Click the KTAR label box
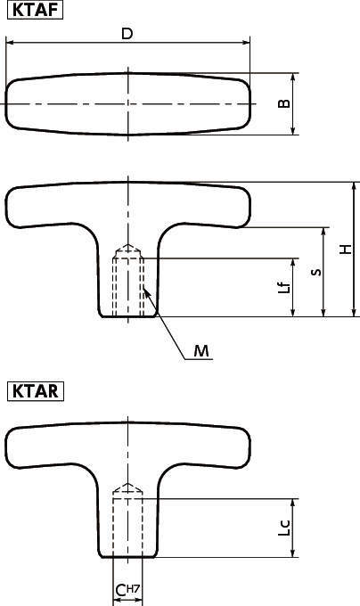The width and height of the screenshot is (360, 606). tap(36, 390)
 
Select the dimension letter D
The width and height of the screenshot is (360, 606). tap(127, 34)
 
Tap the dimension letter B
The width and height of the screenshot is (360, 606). tap(282, 103)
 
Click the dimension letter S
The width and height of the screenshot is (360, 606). tap(314, 272)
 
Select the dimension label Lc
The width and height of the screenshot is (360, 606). tap(282, 528)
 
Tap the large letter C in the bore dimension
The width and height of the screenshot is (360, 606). tap(120, 591)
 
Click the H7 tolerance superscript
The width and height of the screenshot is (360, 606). tap(134, 588)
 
